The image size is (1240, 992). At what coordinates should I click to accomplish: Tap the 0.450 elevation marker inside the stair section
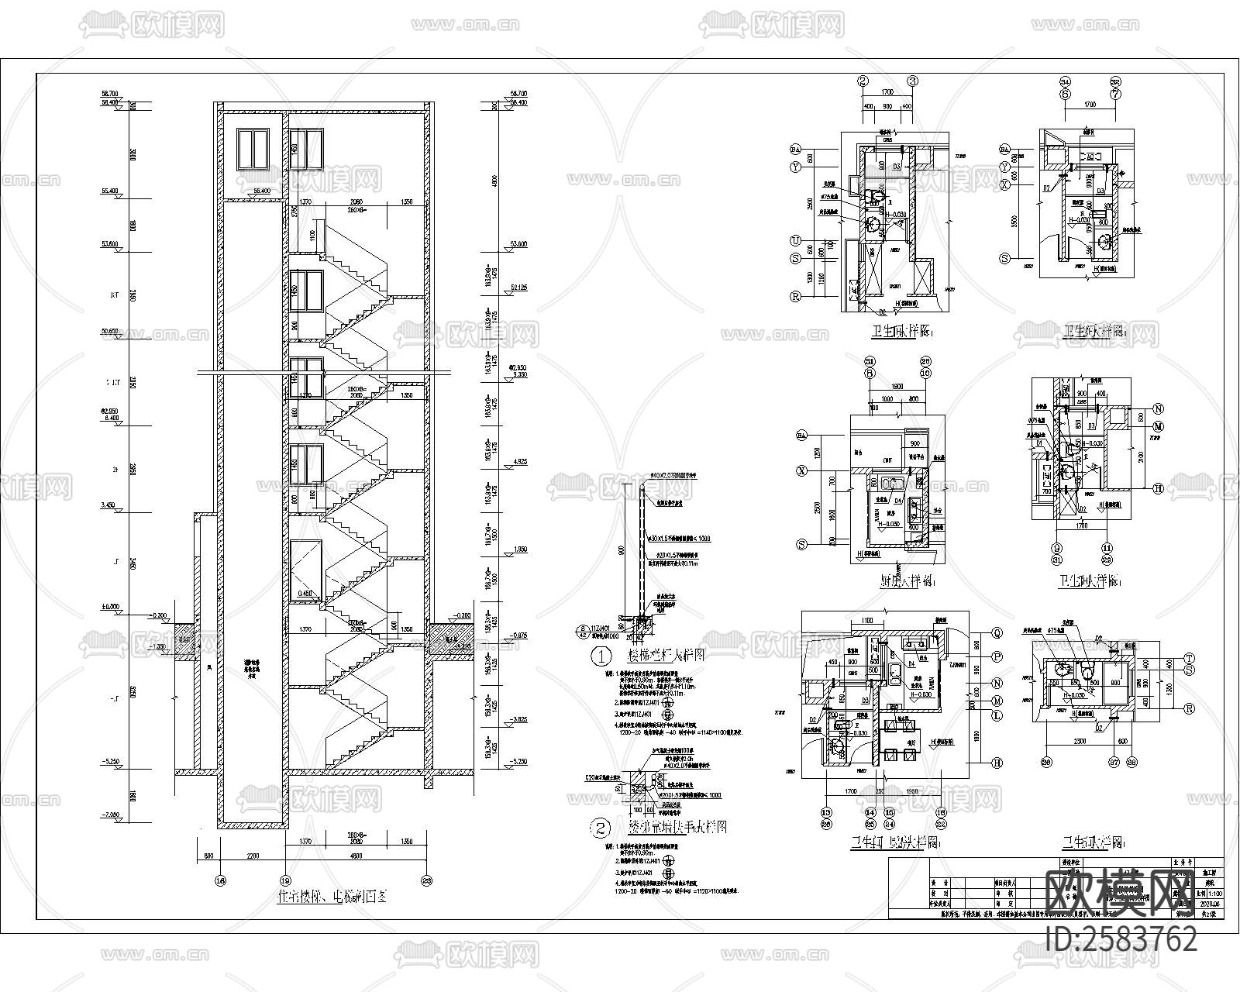(304, 594)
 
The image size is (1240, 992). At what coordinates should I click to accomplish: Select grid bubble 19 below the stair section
(285, 880)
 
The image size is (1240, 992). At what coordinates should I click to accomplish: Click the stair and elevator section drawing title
(332, 898)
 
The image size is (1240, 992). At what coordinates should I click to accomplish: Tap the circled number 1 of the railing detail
(601, 656)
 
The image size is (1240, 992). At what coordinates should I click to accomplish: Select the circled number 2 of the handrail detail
(601, 828)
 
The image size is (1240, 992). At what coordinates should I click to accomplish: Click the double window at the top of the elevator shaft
(252, 149)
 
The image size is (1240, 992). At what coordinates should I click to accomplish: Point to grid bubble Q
(997, 633)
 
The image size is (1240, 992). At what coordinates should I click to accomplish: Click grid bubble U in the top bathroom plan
(795, 240)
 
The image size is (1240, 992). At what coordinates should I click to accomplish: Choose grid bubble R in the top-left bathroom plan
(795, 296)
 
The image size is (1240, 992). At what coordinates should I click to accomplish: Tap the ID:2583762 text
(1121, 939)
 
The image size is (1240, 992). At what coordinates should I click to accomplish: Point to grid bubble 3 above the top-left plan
(913, 81)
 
